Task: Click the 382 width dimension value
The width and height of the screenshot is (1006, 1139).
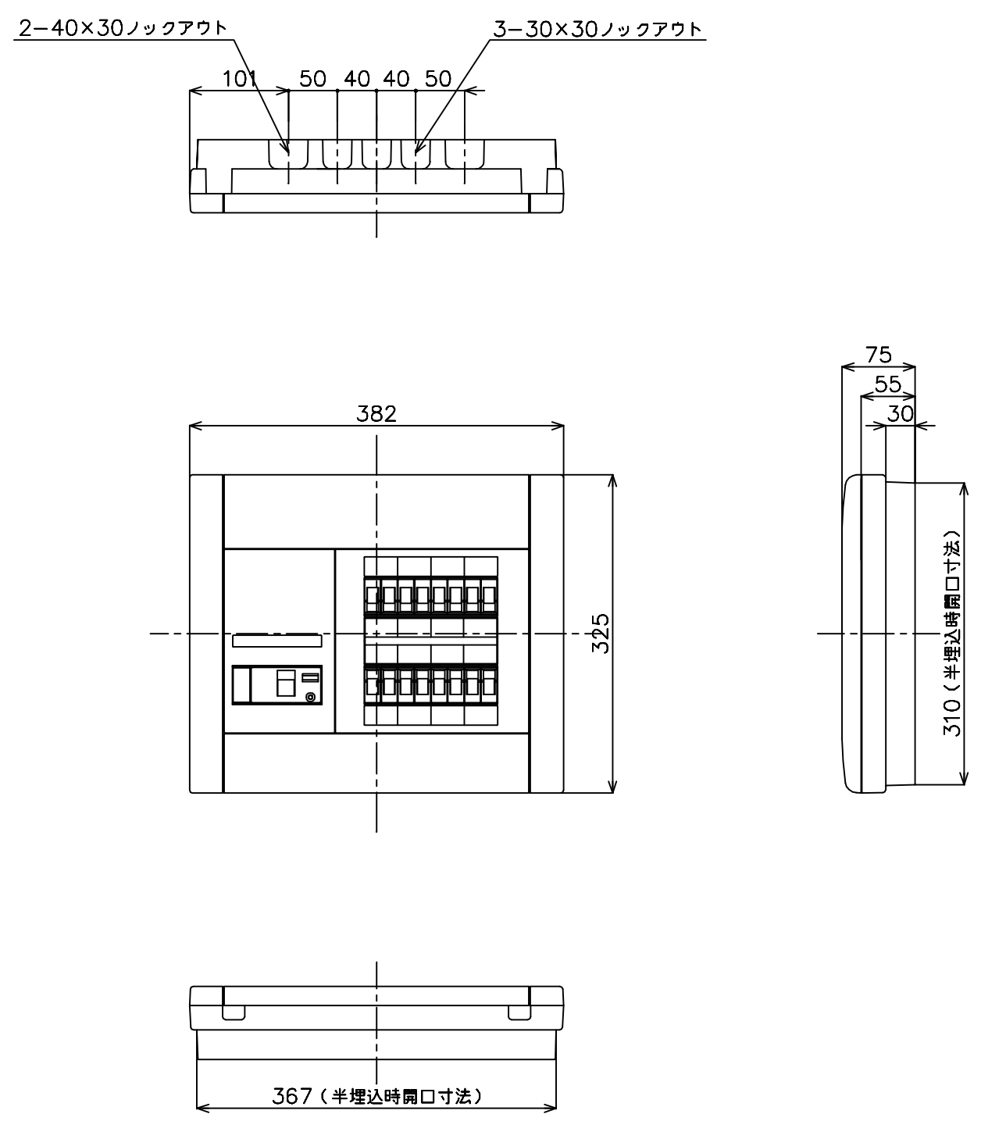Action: pyautogui.click(x=376, y=414)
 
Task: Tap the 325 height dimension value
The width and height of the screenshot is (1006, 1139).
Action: pyautogui.click(x=601, y=634)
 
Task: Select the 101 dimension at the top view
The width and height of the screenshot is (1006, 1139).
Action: pyautogui.click(x=240, y=79)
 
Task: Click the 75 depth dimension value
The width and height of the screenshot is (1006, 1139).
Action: pyautogui.click(x=879, y=355)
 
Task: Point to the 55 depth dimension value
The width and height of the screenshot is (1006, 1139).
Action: pyautogui.click(x=888, y=384)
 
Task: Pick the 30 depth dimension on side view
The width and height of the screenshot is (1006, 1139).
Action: pyautogui.click(x=901, y=414)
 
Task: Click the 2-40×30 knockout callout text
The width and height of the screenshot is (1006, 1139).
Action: pyautogui.click(x=123, y=28)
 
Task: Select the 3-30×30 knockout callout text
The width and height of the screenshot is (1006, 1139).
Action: pyautogui.click(x=598, y=29)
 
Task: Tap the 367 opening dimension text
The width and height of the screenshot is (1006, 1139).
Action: pyautogui.click(x=377, y=1096)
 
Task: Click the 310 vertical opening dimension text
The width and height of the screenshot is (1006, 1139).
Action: pyautogui.click(x=952, y=633)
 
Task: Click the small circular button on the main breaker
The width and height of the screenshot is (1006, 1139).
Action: pyautogui.click(x=310, y=698)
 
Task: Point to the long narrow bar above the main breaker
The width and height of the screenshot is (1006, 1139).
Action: pyautogui.click(x=277, y=641)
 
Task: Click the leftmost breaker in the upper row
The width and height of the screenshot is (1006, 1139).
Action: pyautogui.click(x=372, y=596)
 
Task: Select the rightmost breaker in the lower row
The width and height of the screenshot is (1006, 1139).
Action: pyautogui.click(x=489, y=685)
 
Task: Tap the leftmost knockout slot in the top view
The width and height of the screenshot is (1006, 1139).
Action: pyautogui.click(x=288, y=154)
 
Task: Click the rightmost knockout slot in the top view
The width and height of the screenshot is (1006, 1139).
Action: pyautogui.click(x=465, y=154)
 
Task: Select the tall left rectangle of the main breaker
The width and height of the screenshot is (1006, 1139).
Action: pyautogui.click(x=241, y=684)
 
